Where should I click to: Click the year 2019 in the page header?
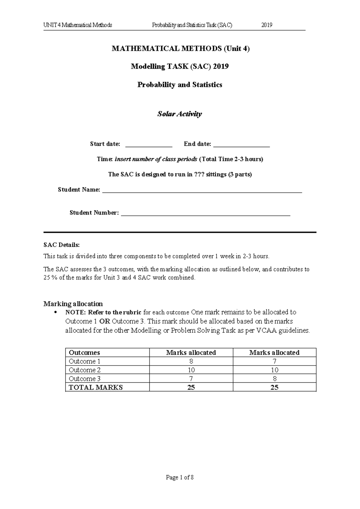click(267, 25)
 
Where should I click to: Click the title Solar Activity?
click(179, 114)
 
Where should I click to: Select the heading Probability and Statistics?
click(179, 85)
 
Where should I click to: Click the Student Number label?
click(94, 213)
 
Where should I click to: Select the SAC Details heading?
click(61, 245)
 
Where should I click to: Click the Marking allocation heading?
click(73, 304)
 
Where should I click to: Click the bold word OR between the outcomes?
click(105, 321)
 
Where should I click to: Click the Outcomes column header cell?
click(84, 353)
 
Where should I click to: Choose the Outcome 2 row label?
click(84, 370)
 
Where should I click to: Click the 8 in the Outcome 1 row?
click(191, 361)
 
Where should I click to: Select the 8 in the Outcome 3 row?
click(274, 379)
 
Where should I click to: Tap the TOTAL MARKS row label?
click(96, 387)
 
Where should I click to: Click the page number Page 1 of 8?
click(180, 477)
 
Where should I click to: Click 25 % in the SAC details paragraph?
click(50, 278)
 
